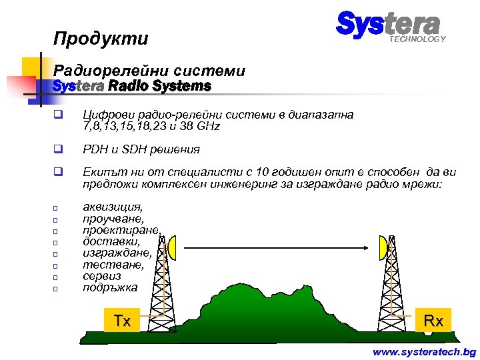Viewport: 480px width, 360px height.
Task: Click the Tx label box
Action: [x=122, y=321]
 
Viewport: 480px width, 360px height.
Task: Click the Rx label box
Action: [x=434, y=321]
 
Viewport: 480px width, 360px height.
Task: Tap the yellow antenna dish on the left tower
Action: [x=171, y=248]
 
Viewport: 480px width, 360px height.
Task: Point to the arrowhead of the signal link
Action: [x=366, y=248]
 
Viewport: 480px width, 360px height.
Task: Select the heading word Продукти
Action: [x=101, y=39]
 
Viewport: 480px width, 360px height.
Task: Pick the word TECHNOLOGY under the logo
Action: [x=417, y=39]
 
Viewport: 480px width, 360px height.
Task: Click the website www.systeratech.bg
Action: [x=425, y=351]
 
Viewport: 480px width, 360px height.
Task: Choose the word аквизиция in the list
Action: [x=112, y=207]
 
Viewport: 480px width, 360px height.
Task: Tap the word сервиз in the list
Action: [x=102, y=277]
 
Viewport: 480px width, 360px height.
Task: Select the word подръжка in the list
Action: [x=110, y=288]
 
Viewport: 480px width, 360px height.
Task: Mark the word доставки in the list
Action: [x=111, y=242]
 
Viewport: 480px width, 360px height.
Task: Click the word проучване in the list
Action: [x=112, y=219]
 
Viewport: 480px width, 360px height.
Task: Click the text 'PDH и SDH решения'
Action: [x=141, y=149]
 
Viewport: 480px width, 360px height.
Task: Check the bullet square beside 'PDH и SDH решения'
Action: [x=58, y=149]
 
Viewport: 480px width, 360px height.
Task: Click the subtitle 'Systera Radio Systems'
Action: [x=131, y=87]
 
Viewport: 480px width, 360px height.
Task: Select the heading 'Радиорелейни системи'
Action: [x=149, y=70]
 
